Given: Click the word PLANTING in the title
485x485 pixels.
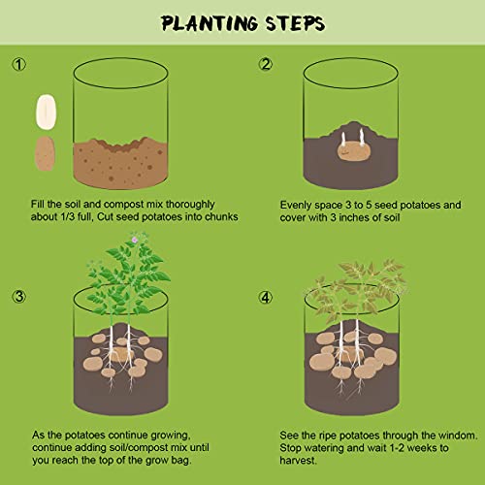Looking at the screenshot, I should [205, 21].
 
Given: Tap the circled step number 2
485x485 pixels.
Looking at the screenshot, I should [266, 65].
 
